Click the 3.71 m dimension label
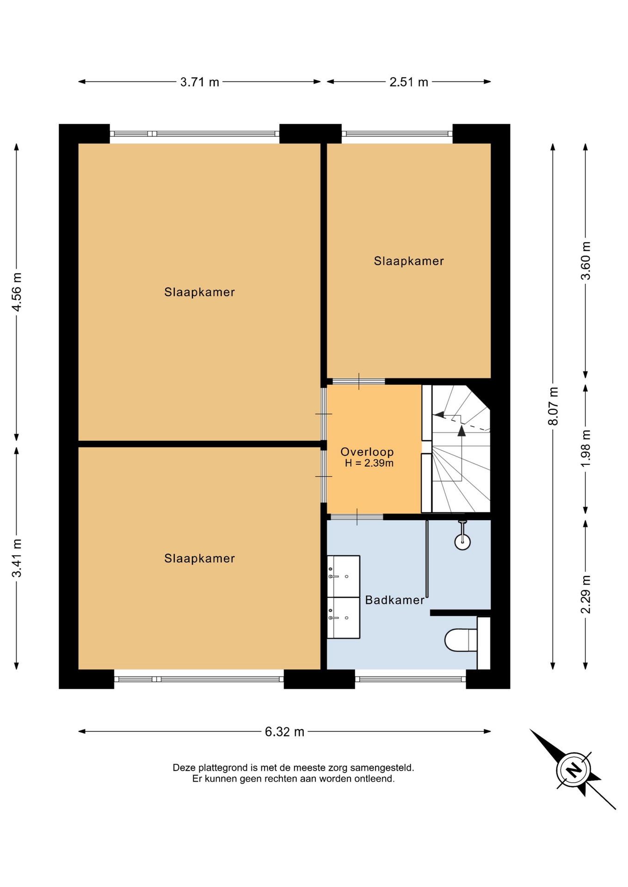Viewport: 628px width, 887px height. (x=199, y=82)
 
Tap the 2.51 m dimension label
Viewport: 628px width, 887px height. (x=409, y=82)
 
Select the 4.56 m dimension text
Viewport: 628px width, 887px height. (x=17, y=292)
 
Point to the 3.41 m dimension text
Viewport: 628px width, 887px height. (x=17, y=558)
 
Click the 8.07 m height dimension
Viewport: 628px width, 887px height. (x=553, y=407)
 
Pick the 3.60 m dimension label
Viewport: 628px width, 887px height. (x=586, y=261)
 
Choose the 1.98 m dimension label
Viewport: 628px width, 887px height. (x=586, y=449)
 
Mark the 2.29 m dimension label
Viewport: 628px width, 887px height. (x=586, y=595)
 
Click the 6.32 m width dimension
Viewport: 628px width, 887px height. (x=284, y=732)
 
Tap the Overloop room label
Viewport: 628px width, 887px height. (x=367, y=452)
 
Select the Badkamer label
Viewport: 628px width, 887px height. (x=394, y=600)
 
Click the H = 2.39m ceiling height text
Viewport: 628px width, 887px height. (x=369, y=463)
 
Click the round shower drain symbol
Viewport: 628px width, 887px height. (x=462, y=541)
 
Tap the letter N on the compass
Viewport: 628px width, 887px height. (x=573, y=770)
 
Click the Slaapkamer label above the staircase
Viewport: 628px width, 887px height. (x=409, y=261)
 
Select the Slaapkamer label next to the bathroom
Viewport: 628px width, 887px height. (x=199, y=559)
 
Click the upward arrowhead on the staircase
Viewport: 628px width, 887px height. (x=462, y=431)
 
